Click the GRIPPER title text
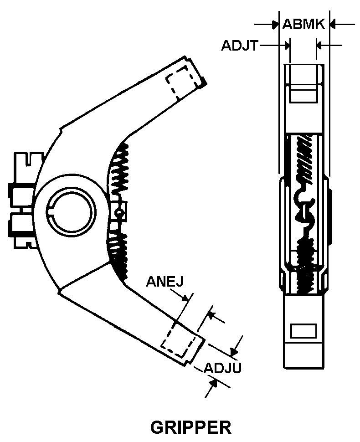[x=190, y=427]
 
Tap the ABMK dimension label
[x=303, y=24]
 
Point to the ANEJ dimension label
[x=165, y=281]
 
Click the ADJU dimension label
[x=222, y=367]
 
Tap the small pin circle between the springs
[x=119, y=211]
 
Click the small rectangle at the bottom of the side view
[x=303, y=331]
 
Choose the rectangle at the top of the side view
[x=304, y=95]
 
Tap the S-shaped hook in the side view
[x=304, y=207]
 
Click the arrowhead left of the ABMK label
[x=275, y=24]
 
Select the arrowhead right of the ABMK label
[x=332, y=24]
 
